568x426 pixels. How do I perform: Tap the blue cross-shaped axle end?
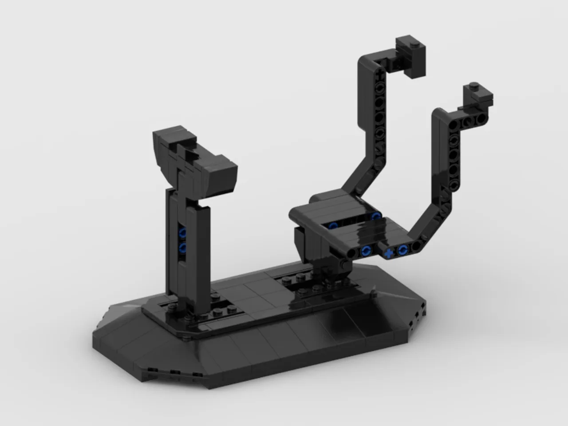(x=389, y=254)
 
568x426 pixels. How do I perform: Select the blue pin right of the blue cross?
(x=403, y=249)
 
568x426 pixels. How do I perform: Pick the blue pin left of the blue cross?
(x=365, y=251)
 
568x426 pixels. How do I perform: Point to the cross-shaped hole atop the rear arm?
(x=380, y=70)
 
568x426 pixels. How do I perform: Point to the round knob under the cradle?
(x=343, y=265)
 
